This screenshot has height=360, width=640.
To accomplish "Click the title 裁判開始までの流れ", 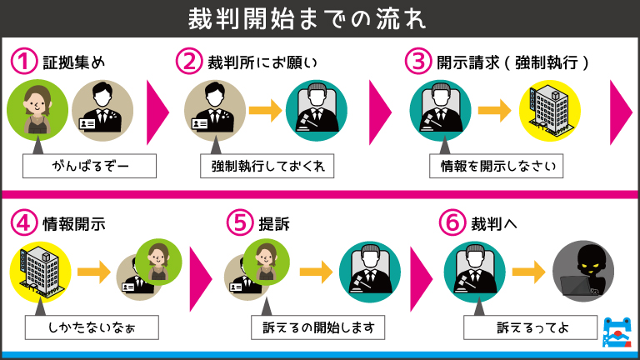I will click(x=319, y=17).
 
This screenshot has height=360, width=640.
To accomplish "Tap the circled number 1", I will click(x=25, y=62).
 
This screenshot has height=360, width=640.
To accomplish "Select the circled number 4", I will click(x=25, y=223).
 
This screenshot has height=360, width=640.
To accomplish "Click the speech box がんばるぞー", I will click(x=89, y=166).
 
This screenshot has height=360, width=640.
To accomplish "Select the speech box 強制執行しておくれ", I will click(x=267, y=166).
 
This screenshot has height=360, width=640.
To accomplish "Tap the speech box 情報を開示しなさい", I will click(x=496, y=166).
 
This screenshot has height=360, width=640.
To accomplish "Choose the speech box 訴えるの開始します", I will click(x=318, y=327).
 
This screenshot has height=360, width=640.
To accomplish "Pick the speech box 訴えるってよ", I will click(x=530, y=327).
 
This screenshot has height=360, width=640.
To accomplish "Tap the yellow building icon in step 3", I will click(x=549, y=112).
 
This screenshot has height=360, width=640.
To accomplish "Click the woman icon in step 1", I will click(x=37, y=112).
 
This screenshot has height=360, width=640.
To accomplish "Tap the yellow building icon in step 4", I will click(x=38, y=272).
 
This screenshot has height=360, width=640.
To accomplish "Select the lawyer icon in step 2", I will click(x=214, y=112).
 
